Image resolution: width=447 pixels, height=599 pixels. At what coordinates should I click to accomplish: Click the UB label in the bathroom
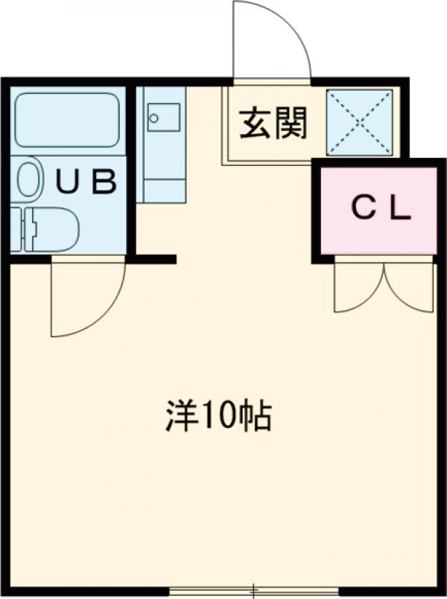[x=87, y=182]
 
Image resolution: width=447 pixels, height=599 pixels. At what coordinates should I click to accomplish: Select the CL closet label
[x=381, y=209]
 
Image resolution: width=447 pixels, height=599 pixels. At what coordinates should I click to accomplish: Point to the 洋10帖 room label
[x=218, y=417]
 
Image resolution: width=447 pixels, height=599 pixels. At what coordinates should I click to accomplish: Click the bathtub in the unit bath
[x=67, y=119]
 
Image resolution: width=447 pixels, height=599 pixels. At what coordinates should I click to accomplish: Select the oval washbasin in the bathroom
[x=29, y=179]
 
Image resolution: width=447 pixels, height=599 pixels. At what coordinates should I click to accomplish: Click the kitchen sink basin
[x=163, y=117]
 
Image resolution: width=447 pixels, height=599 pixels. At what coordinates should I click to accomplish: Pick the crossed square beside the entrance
[x=360, y=123]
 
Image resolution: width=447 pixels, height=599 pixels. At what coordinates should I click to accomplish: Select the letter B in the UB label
[x=104, y=182]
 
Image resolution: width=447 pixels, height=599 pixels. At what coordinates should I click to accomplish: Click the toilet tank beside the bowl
[x=16, y=228]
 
